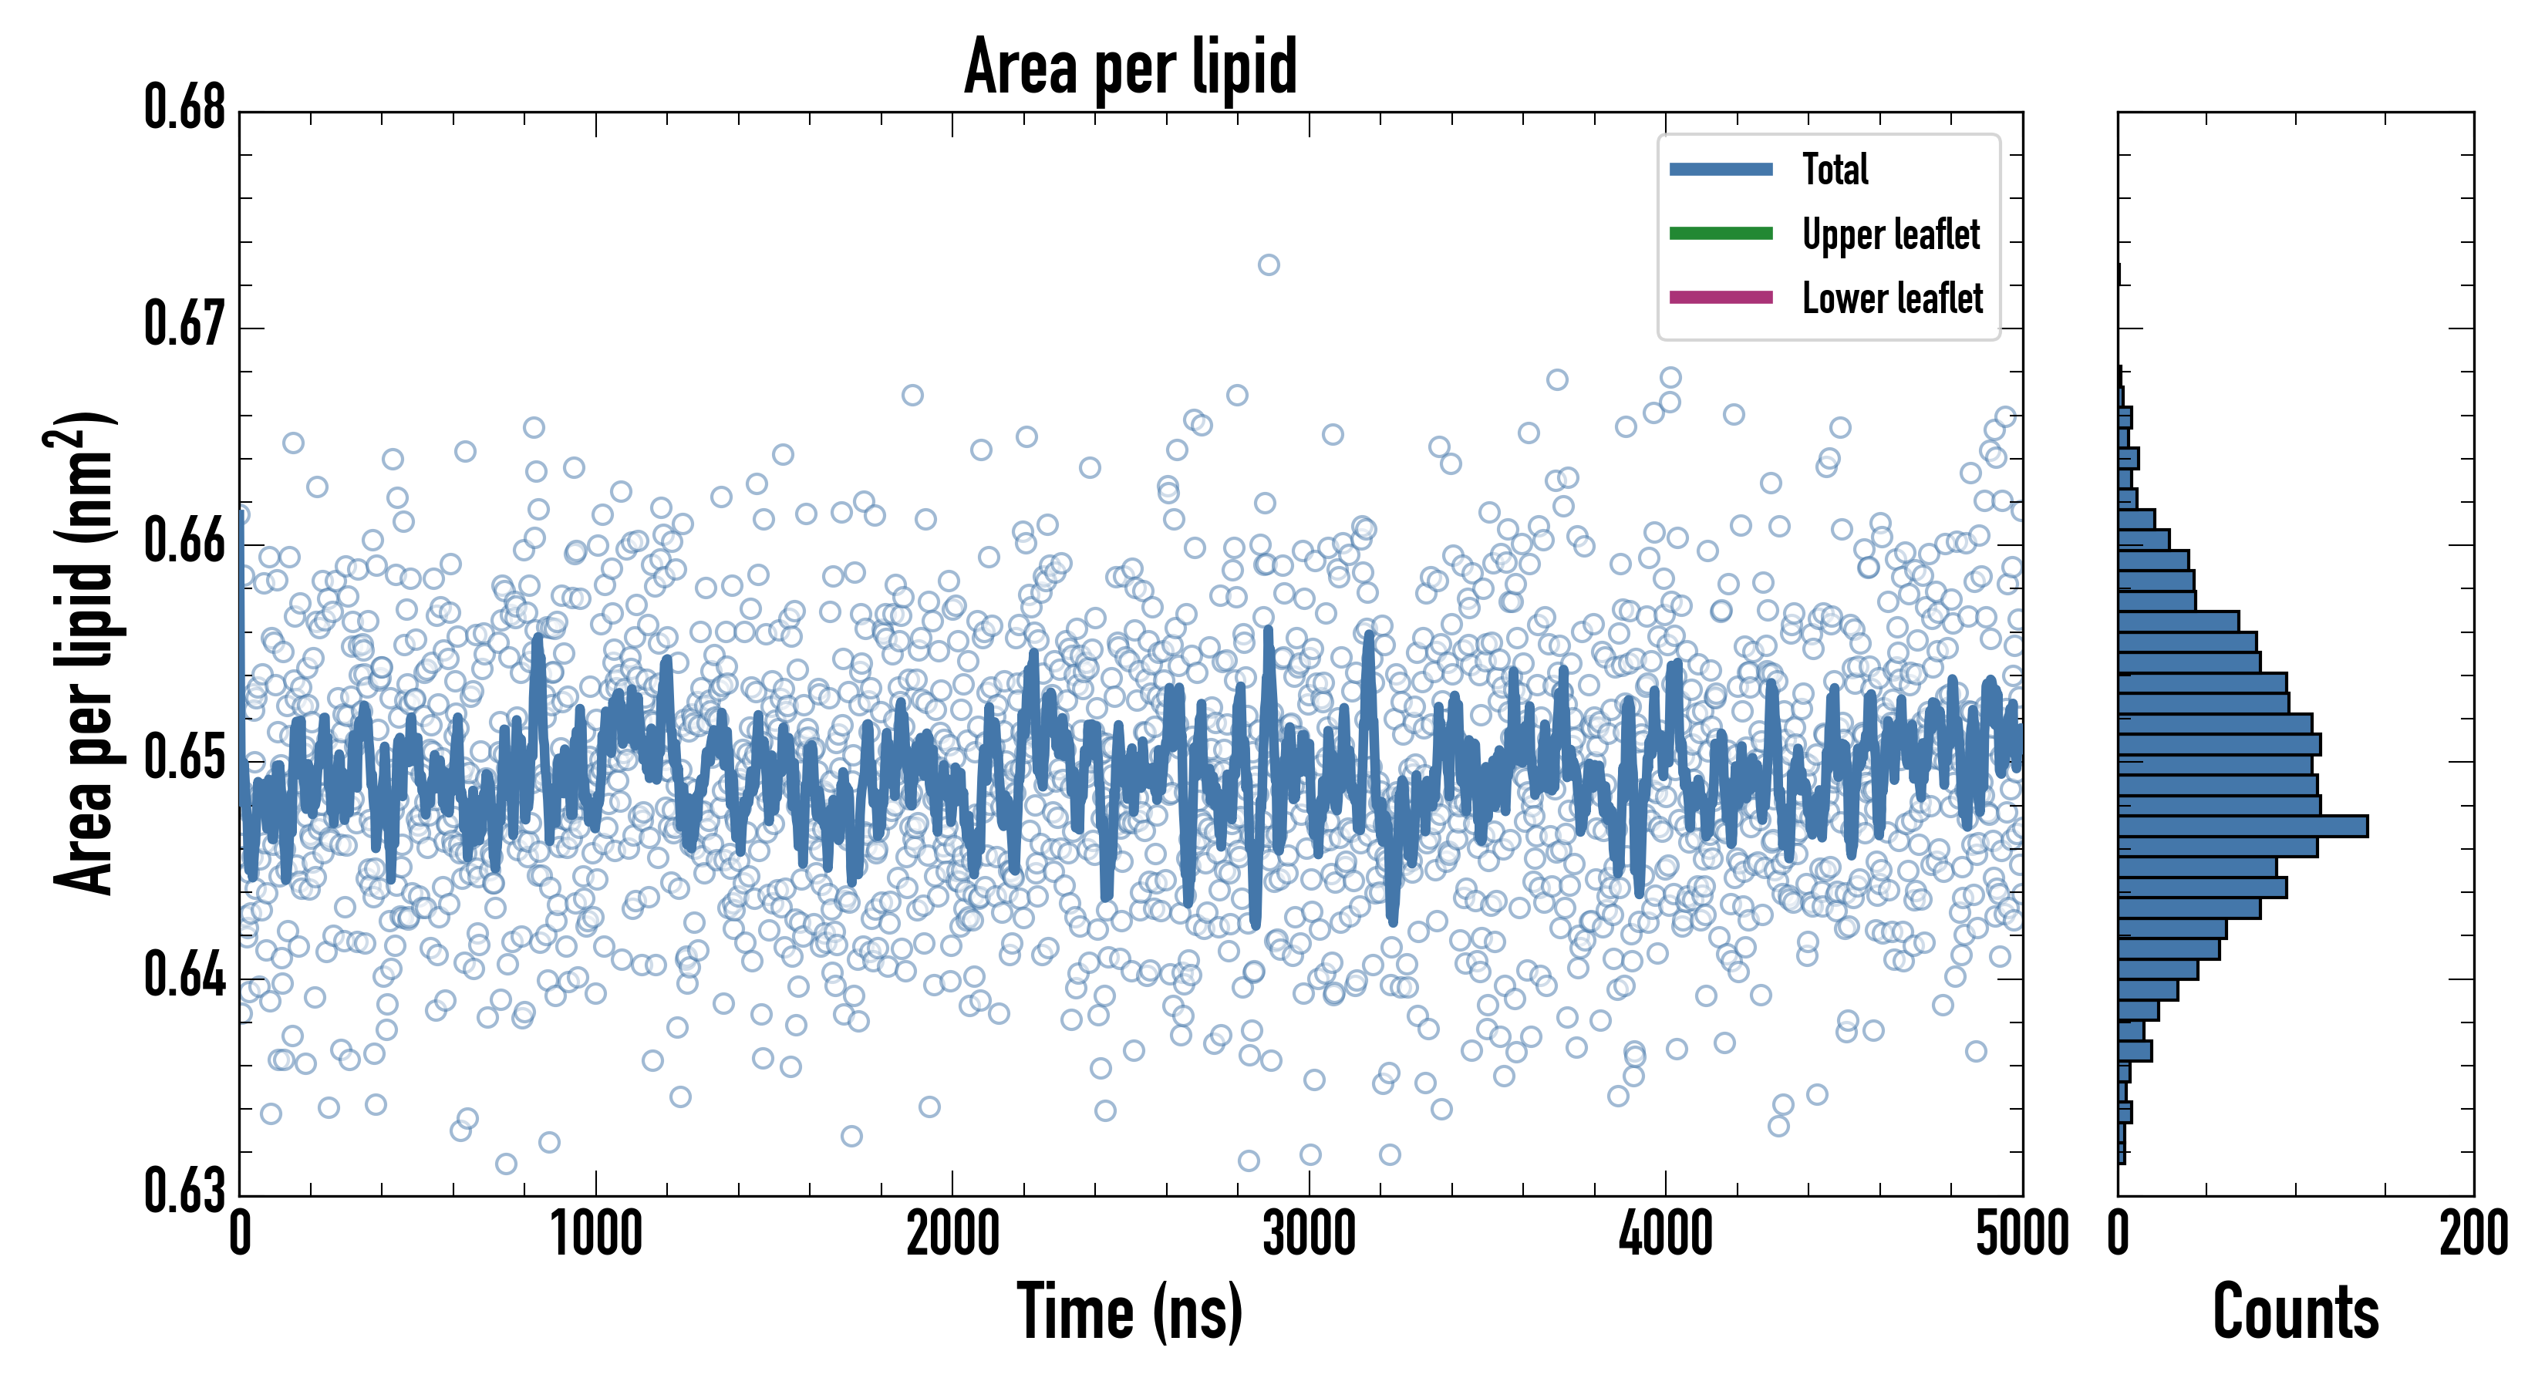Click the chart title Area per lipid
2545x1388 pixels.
click(x=1131, y=67)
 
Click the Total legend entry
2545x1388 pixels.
click(x=1835, y=169)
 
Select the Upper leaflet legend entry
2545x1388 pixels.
click(x=1890, y=234)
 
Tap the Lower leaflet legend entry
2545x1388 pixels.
click(x=1892, y=298)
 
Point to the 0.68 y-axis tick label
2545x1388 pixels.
click(x=185, y=108)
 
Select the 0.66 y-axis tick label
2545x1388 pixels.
click(x=185, y=541)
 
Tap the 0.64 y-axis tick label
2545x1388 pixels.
click(x=185, y=975)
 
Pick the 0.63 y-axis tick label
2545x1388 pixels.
click(x=185, y=1191)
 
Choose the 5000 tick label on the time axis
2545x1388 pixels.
click(x=2021, y=1235)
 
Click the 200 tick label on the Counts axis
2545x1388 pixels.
click(x=2473, y=1235)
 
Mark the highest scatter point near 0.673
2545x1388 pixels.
click(x=1269, y=264)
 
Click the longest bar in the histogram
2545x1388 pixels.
click(x=2243, y=826)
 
